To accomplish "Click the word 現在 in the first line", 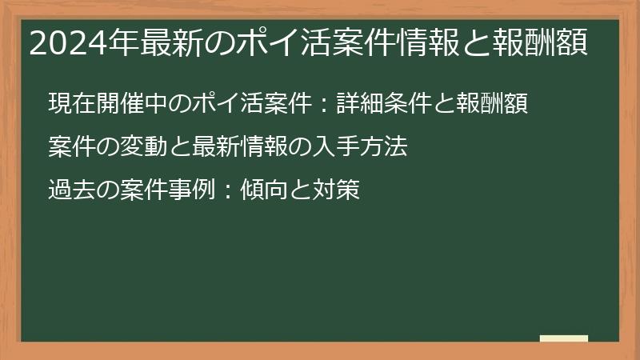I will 68,104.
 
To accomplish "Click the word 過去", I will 68,190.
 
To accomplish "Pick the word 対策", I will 343,190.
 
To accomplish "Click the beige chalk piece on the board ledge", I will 563,338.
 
